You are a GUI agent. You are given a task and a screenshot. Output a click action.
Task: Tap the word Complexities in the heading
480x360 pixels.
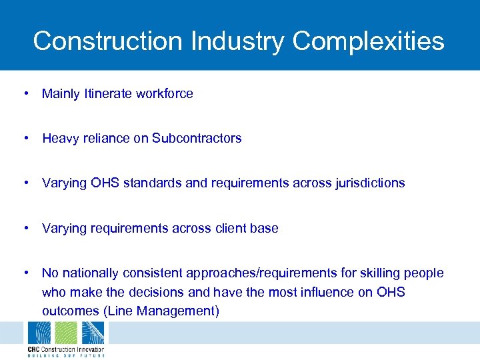coord(368,41)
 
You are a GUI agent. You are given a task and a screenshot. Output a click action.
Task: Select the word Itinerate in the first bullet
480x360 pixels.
coord(107,94)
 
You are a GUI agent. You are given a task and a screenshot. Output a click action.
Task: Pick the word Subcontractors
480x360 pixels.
coord(197,139)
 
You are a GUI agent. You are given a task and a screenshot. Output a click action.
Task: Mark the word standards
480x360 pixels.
coord(153,183)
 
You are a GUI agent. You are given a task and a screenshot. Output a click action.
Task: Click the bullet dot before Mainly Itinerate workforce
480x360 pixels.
coord(25,93)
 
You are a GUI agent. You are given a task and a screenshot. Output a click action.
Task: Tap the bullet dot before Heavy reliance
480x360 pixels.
coord(25,138)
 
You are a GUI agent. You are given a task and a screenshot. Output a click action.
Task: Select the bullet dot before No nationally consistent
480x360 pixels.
coord(25,273)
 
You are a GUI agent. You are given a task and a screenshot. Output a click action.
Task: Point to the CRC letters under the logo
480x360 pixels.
coord(34,349)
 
